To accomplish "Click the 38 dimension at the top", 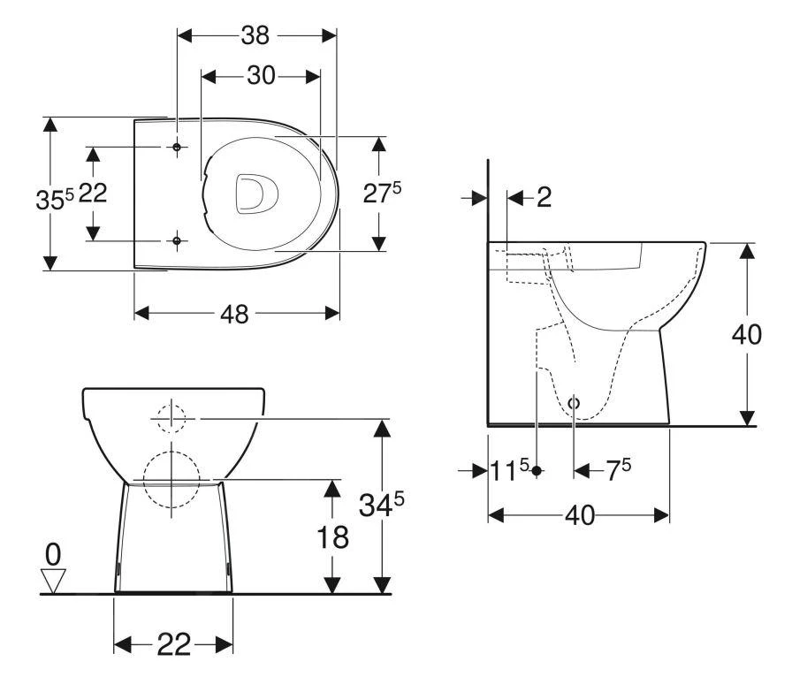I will click(256, 34).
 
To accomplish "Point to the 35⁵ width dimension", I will click(55, 199).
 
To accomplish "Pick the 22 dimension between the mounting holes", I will click(93, 193).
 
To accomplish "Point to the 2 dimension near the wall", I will click(544, 197).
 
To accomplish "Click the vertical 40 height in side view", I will click(748, 335).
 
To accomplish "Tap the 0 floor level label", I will click(54, 554).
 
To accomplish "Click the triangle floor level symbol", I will click(54, 581).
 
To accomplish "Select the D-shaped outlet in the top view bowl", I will click(255, 193).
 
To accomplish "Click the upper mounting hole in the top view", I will click(177, 147).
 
